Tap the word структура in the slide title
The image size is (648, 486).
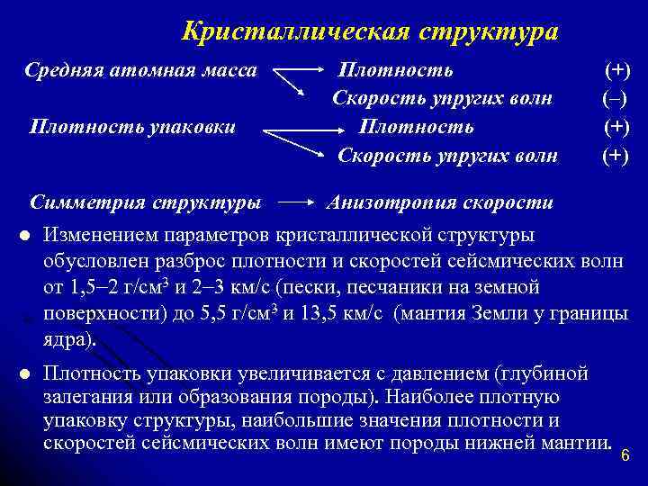click(x=489, y=31)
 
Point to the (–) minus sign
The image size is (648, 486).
click(x=615, y=98)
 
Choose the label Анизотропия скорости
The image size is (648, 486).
click(x=439, y=202)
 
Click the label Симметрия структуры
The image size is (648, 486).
click(x=147, y=202)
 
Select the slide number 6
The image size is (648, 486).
click(x=626, y=456)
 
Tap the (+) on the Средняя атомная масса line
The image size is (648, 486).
click(x=616, y=69)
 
